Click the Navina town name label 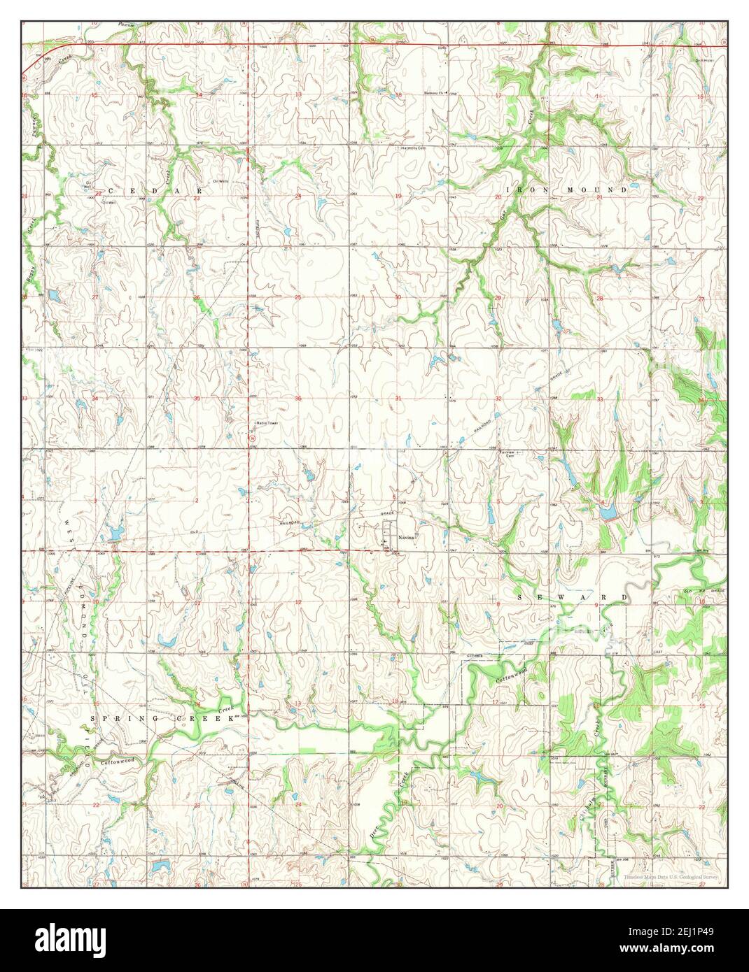click(x=407, y=538)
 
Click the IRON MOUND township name click(x=566, y=190)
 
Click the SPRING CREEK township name click(x=162, y=718)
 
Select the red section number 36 click(x=297, y=399)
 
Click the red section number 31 click(x=398, y=399)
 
